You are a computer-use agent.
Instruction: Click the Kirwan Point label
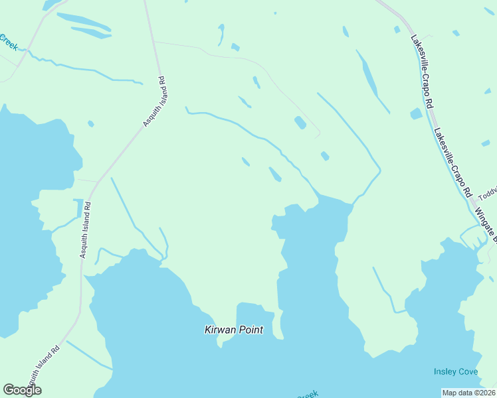click(233, 330)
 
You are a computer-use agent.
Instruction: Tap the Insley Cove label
click(456, 371)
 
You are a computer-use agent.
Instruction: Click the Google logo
click(22, 390)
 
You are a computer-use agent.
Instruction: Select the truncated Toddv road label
click(487, 193)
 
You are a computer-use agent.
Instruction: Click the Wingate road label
click(486, 224)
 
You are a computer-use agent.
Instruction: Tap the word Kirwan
click(218, 330)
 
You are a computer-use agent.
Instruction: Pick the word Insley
click(445, 371)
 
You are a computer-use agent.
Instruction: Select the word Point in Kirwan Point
click(250, 330)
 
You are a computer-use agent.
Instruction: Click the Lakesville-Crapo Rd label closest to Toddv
click(452, 162)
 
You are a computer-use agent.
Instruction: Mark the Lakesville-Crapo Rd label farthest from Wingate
click(423, 72)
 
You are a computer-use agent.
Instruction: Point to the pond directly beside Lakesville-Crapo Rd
click(417, 113)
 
